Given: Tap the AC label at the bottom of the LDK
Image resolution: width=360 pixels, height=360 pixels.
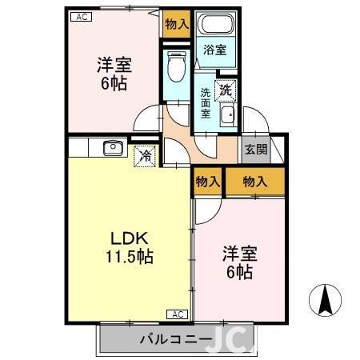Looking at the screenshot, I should pyautogui.click(x=177, y=314).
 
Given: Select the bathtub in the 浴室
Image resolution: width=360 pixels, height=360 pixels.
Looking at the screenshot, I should pyautogui.click(x=214, y=24).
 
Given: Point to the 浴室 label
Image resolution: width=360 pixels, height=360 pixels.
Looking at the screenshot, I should pyautogui.click(x=214, y=50).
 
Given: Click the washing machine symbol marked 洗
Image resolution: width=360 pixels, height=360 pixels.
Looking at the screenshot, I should pyautogui.click(x=226, y=90).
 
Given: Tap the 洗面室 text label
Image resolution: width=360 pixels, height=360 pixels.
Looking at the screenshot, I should pyautogui.click(x=206, y=103).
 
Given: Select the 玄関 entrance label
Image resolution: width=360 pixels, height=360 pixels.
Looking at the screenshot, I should pyautogui.click(x=255, y=150).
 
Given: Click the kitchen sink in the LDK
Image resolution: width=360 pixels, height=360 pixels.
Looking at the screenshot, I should pyautogui.click(x=111, y=147).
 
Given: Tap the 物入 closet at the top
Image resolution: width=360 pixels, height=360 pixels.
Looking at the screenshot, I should pyautogui.click(x=176, y=24).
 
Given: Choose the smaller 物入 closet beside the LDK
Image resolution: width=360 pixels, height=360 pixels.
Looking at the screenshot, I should pyautogui.click(x=207, y=182).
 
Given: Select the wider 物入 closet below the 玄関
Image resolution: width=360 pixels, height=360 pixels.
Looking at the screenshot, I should pyautogui.click(x=254, y=182).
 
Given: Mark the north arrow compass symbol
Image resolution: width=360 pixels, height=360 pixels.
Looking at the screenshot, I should pyautogui.click(x=326, y=302).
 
